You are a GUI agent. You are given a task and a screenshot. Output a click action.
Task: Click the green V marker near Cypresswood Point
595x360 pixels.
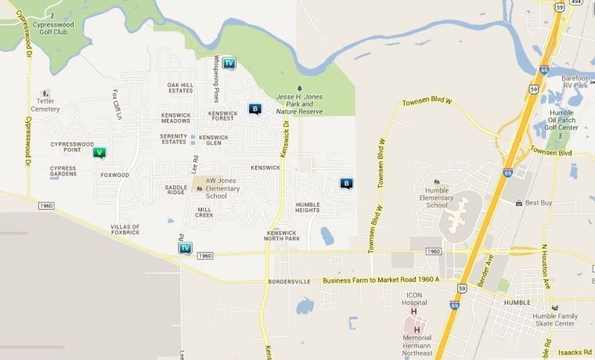coord(99,153)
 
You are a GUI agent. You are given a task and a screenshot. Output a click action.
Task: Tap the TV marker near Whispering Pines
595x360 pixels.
coord(229,63)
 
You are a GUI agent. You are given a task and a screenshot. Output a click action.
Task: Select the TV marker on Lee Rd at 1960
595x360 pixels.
coord(185,248)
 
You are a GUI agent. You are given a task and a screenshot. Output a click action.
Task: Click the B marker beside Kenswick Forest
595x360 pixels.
coord(254,110)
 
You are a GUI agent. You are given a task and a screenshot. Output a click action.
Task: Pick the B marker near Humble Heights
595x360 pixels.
coord(347,183)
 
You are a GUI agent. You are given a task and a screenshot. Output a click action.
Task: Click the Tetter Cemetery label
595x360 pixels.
coord(45,105)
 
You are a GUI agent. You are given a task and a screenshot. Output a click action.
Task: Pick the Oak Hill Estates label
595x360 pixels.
coord(180,88)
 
